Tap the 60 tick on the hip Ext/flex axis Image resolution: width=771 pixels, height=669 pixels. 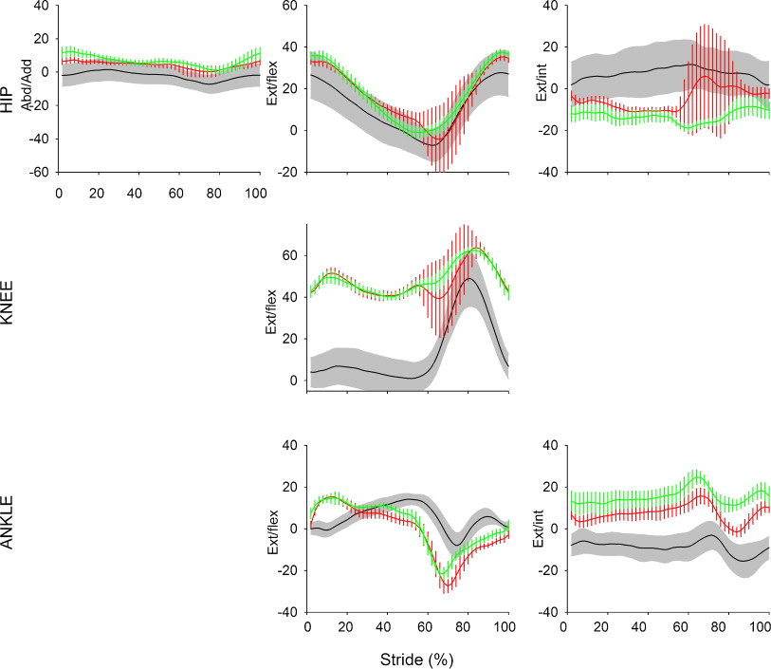click(x=292, y=6)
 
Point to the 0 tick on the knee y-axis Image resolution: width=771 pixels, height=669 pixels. click(x=294, y=381)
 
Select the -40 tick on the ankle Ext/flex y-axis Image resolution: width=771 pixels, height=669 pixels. click(x=288, y=612)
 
